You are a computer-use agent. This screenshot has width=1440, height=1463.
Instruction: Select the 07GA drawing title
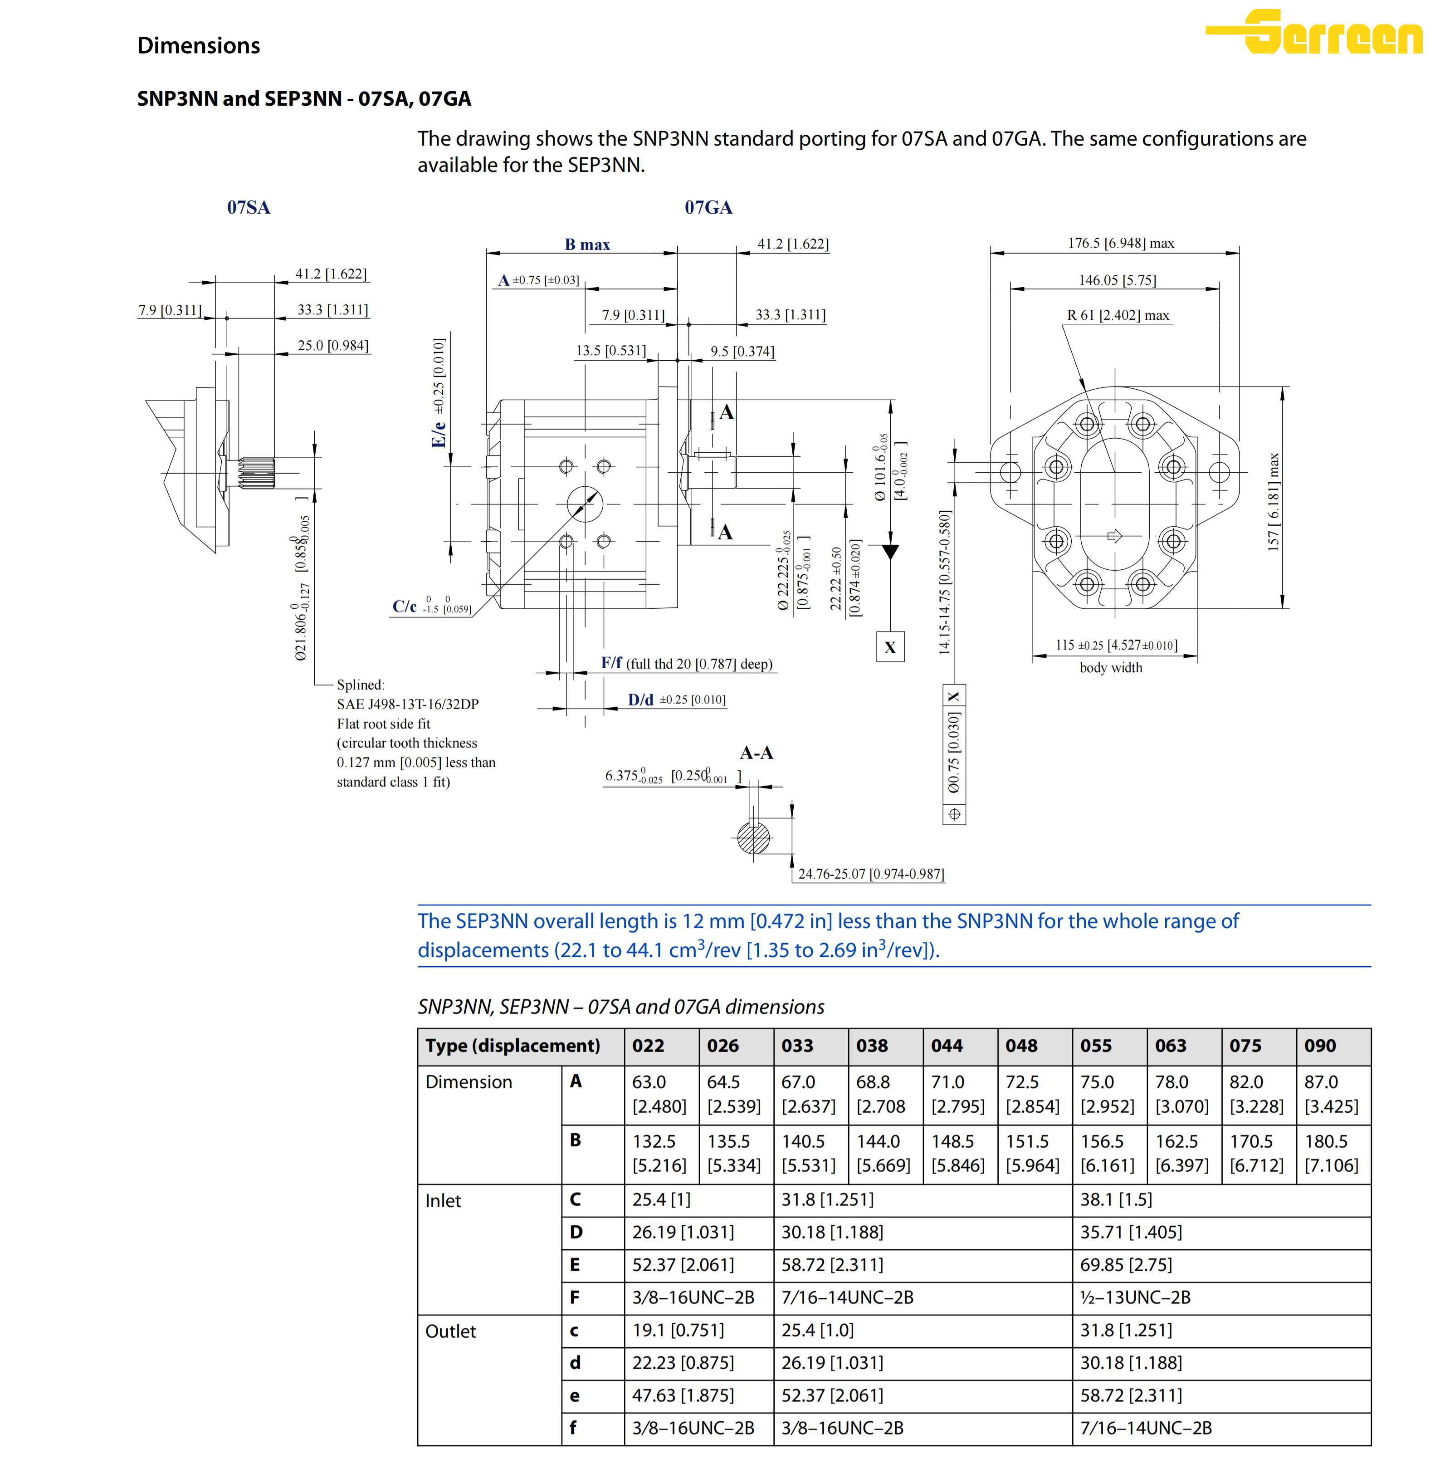[708, 207]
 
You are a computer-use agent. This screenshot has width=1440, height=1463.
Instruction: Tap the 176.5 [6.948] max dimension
[1120, 243]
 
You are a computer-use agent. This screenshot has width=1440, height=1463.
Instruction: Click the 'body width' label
[1110, 667]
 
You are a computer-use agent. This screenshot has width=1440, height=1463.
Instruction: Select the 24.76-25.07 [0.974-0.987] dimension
[870, 874]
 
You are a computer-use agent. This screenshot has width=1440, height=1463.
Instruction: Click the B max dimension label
[587, 245]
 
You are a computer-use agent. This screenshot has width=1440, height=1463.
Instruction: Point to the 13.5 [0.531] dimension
[610, 350]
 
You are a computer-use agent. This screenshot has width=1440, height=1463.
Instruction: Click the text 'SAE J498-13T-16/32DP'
[408, 704]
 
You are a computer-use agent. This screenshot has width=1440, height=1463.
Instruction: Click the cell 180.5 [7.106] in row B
[1331, 1153]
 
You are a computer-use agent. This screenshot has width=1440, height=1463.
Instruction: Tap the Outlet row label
[451, 1331]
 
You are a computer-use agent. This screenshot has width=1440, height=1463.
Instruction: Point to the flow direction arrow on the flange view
[1114, 536]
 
